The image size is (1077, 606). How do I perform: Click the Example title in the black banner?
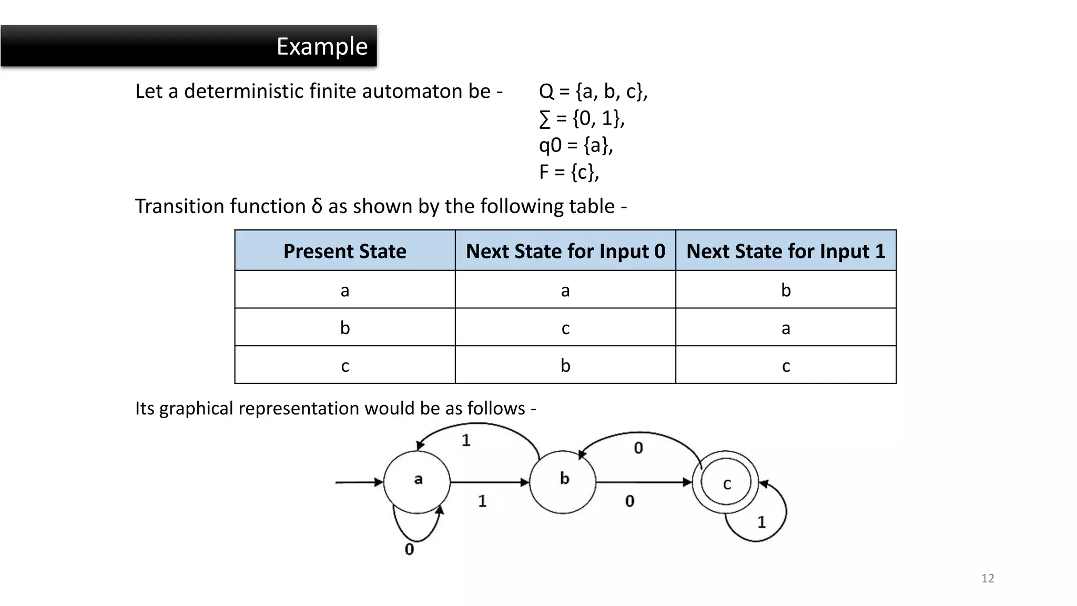coord(322,46)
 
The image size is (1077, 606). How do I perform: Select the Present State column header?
coord(344,251)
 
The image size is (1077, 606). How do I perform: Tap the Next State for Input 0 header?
coord(565,251)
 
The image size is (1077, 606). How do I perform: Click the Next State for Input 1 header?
coord(786,251)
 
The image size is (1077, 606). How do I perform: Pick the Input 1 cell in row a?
coord(786,290)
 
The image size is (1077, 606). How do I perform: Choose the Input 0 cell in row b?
coord(565,328)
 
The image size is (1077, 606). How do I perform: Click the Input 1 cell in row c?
coord(786,366)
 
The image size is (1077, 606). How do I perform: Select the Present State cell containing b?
coord(344,328)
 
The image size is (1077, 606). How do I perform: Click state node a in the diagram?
coord(417,481)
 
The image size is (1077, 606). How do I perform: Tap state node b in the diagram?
coord(563,481)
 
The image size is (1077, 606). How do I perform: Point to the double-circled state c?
coord(726,483)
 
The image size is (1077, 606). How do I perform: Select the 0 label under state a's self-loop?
coord(409,550)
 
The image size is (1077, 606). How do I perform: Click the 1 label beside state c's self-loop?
coord(761,522)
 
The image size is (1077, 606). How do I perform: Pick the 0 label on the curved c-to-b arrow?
coord(638,448)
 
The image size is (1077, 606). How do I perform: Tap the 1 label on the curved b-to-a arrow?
coord(466,440)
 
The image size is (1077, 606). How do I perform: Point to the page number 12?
coord(988,579)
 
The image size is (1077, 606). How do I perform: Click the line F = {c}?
coord(569,172)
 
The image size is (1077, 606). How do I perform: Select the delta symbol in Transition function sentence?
coord(317,206)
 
